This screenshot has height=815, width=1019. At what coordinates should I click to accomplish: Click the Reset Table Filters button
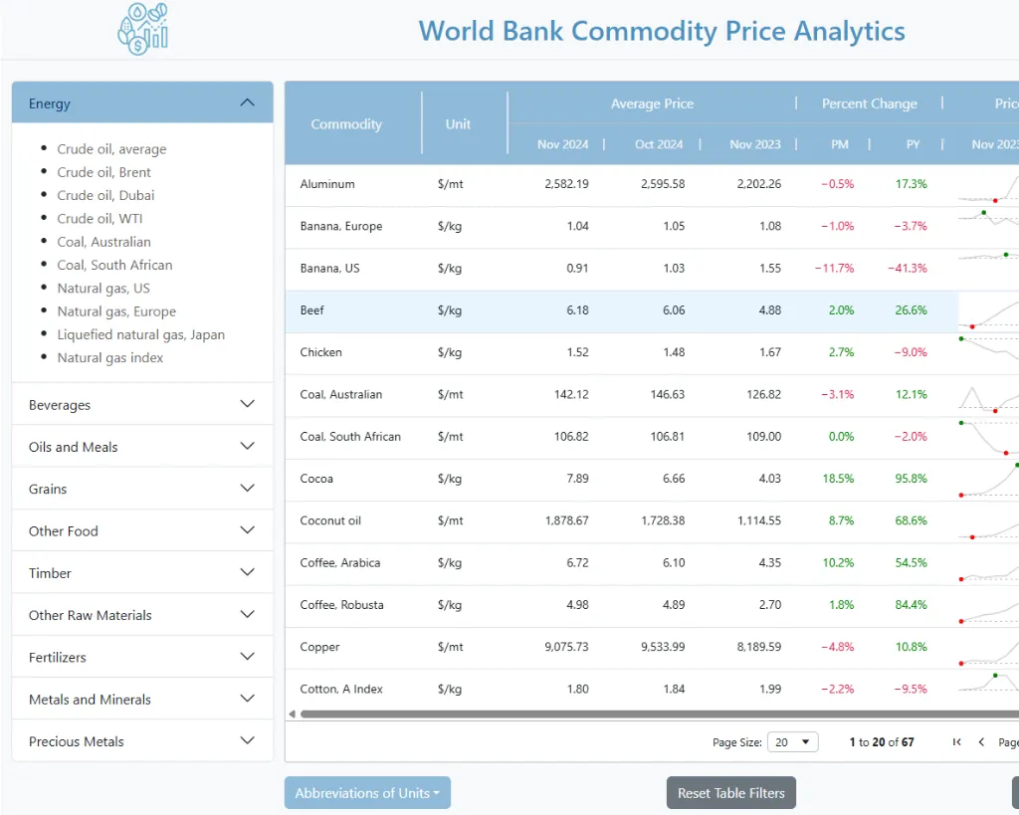pyautogui.click(x=730, y=793)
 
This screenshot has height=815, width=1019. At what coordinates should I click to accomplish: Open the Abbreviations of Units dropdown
pyautogui.click(x=367, y=793)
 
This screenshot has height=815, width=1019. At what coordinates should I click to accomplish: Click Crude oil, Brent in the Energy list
pyautogui.click(x=103, y=172)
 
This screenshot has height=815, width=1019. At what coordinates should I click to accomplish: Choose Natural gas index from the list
pyautogui.click(x=109, y=357)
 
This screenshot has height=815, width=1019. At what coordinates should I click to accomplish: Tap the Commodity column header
pyautogui.click(x=346, y=124)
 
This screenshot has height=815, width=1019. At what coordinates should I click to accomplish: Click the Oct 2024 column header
pyautogui.click(x=659, y=144)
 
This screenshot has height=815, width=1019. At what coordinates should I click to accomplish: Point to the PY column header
pyautogui.click(x=913, y=144)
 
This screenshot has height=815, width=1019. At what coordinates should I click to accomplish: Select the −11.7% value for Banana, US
pyautogui.click(x=834, y=268)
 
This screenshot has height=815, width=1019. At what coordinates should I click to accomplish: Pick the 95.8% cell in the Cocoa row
pyautogui.click(x=911, y=479)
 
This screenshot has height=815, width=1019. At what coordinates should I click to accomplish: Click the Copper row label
pyautogui.click(x=319, y=647)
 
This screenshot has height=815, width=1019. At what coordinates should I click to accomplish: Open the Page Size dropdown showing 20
pyautogui.click(x=793, y=742)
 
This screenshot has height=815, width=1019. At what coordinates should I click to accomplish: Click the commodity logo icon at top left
pyautogui.click(x=143, y=28)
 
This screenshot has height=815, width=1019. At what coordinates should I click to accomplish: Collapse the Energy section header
pyautogui.click(x=142, y=103)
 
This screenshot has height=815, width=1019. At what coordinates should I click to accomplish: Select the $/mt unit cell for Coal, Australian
pyautogui.click(x=450, y=394)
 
